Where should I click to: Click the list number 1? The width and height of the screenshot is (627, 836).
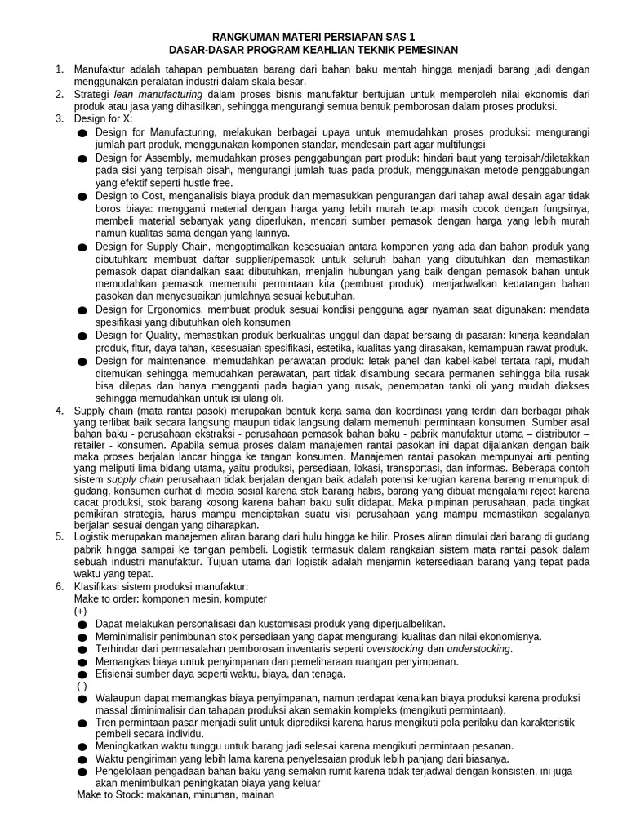(x=59, y=69)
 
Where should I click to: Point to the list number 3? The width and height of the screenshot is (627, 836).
(x=59, y=119)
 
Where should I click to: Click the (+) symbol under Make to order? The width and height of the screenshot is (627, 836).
(x=80, y=611)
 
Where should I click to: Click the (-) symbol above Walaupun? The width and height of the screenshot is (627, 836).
(x=80, y=686)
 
